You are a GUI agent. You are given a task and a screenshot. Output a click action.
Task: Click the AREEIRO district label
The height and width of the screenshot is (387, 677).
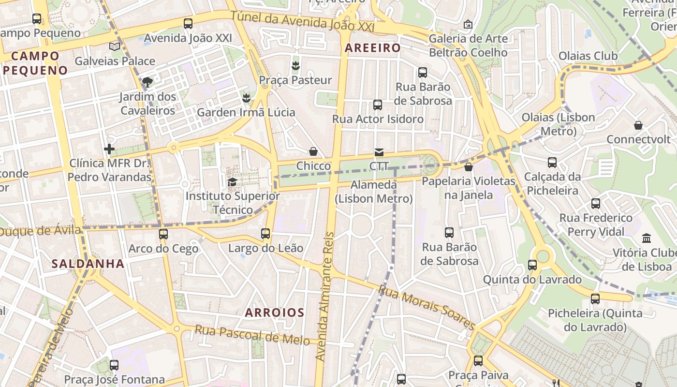point(373,48)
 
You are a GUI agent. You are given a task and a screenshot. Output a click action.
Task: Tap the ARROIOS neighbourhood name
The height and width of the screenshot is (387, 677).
point(275,313)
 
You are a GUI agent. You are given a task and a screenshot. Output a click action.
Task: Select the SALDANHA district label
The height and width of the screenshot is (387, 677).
point(88,264)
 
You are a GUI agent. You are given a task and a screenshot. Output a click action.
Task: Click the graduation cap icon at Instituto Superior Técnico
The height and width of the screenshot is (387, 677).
point(232,182)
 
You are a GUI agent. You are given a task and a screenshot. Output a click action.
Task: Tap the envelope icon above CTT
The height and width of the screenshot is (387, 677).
point(379,152)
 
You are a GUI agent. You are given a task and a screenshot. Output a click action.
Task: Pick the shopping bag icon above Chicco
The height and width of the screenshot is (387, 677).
point(313,152)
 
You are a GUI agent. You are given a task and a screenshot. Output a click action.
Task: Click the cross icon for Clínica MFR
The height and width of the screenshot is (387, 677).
point(109,149)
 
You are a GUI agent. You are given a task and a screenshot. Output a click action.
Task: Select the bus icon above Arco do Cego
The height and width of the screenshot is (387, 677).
point(163,234)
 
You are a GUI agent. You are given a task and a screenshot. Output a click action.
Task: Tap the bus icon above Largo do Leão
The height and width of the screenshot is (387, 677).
point(265,234)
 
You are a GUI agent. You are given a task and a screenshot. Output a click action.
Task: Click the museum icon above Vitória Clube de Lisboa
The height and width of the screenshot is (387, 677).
point(647,238)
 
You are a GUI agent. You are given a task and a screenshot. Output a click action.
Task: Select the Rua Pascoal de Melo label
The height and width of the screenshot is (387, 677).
point(252,335)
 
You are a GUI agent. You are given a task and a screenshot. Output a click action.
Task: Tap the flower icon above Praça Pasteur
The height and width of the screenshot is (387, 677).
point(295,65)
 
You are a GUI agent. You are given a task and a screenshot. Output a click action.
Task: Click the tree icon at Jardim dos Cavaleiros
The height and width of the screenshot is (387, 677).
point(147,82)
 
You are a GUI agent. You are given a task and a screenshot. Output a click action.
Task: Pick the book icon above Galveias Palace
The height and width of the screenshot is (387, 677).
point(115,46)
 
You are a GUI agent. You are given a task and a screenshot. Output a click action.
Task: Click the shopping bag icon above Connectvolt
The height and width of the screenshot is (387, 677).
point(638,125)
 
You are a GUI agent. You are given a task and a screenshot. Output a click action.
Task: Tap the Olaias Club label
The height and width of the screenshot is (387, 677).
point(588,56)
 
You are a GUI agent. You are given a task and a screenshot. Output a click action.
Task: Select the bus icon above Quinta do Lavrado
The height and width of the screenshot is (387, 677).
point(532,265)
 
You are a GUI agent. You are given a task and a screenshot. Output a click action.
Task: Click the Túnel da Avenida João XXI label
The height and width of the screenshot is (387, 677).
point(303,21)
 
